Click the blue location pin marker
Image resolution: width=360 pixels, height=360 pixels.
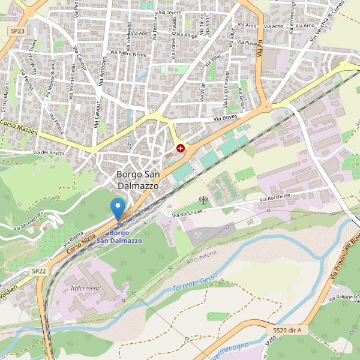point(118,210)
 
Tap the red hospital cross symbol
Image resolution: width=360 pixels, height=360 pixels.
point(180,148)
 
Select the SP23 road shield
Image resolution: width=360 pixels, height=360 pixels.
point(16,29)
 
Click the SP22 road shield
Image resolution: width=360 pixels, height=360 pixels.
point(39,271)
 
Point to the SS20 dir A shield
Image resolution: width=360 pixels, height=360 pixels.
point(287,330)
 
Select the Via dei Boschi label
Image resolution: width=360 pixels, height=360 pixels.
point(49,152)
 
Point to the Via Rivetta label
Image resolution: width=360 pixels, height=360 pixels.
point(72,235)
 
